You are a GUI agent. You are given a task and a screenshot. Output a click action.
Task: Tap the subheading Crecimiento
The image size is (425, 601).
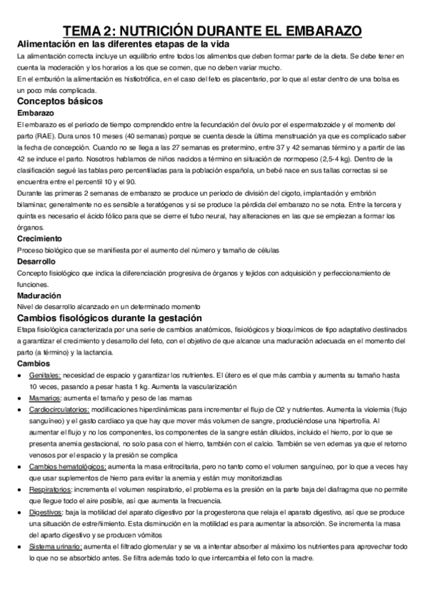[x=40, y=240]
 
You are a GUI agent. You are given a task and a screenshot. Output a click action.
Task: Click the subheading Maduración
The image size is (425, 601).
[x=39, y=295]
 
